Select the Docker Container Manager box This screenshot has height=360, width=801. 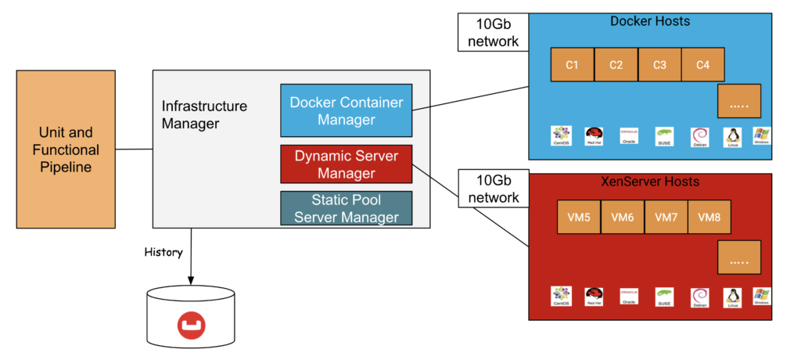coord(346,110)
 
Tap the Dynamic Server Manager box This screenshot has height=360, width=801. coord(346,164)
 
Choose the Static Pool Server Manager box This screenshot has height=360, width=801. coord(346,207)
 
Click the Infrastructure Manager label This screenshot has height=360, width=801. coord(204,114)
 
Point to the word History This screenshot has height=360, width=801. coord(163,252)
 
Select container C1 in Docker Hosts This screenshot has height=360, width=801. coord(572,65)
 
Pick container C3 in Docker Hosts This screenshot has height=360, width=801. coord(659,65)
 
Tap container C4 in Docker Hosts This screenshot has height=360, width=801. coord(702,65)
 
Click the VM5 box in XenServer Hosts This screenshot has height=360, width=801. coord(578,217)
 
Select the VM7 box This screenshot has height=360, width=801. coord(666,217)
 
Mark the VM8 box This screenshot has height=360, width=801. coord(709,217)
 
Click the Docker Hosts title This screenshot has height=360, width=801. coord(650,21)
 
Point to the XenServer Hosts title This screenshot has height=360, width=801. coord(650,182)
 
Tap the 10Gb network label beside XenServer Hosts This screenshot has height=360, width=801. coord(493,189)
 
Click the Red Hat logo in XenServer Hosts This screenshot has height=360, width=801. coord(594,296)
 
